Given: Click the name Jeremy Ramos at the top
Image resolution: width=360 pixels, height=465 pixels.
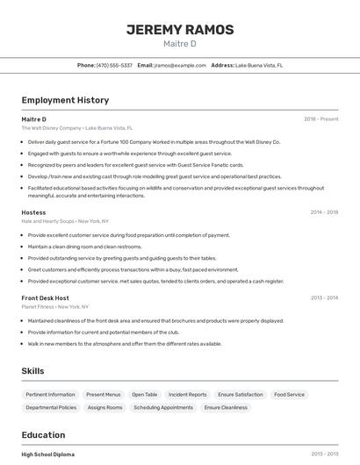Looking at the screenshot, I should tap(180, 30).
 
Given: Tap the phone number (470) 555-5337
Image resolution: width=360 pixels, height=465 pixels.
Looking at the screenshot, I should tap(114, 65).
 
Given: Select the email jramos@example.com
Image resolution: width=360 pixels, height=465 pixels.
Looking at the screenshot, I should tap(180, 65).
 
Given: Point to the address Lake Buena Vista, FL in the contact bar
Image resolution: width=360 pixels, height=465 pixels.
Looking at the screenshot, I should tap(259, 65).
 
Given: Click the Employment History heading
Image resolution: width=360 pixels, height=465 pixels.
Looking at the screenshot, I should tap(65, 101).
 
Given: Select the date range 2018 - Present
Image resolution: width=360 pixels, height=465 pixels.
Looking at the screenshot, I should tap(320, 119).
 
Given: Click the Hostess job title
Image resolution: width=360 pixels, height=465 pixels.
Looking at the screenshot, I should tap(33, 212).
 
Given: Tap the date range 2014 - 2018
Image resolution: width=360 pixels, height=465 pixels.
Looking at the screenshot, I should tap(324, 212).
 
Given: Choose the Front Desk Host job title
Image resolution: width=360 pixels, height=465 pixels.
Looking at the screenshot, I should tap(45, 298).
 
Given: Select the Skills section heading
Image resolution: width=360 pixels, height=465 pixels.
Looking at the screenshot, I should tap(33, 371).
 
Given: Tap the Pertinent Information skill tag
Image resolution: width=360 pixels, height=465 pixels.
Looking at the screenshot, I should tap(50, 395).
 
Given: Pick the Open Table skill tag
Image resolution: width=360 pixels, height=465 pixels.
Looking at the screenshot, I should tap(145, 395).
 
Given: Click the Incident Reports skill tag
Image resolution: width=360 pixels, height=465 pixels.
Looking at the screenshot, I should tap(188, 395).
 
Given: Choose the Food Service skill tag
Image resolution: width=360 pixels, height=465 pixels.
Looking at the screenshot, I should tap(289, 395).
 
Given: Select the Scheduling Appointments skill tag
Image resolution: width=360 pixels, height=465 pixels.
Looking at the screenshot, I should tap(163, 408).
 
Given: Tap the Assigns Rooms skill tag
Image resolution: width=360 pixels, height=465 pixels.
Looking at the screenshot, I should tap(105, 408).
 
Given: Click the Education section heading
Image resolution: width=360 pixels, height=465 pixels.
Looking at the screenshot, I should tap(43, 435).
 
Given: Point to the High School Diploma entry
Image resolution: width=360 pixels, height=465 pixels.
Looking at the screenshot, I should tap(48, 454).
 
